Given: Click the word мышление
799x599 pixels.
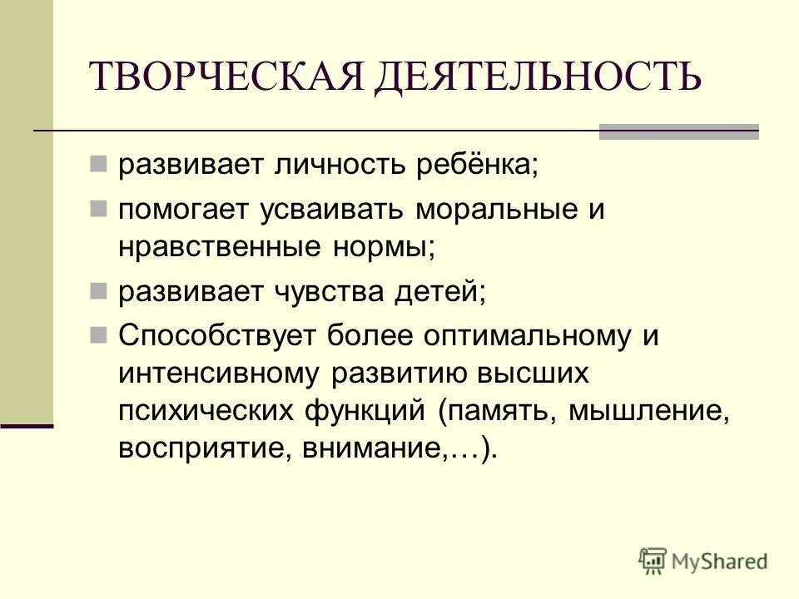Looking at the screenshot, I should pos(650,411).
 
